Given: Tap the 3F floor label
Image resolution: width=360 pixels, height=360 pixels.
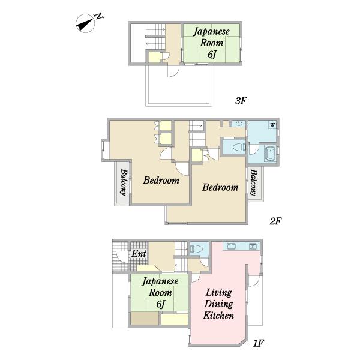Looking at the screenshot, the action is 241,101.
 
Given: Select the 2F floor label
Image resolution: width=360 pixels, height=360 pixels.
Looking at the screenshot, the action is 275,221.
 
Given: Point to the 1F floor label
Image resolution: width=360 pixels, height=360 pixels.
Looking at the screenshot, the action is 258,343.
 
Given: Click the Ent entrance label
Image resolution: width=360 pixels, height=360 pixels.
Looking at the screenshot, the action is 139,254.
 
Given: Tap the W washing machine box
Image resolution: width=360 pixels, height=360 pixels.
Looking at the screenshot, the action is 272,125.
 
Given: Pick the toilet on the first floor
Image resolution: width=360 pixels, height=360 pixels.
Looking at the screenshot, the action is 196,248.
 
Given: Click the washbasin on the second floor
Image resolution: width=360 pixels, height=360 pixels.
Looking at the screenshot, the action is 239,124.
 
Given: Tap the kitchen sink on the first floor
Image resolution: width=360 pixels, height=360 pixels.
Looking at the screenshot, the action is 231,246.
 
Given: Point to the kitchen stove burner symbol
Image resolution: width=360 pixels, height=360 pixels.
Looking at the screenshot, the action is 253,247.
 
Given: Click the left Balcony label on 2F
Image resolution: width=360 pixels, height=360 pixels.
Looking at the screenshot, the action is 124,182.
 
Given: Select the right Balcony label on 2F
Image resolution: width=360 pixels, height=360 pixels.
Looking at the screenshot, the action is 253,183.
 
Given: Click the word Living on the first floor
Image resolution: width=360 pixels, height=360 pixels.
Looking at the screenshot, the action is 218,293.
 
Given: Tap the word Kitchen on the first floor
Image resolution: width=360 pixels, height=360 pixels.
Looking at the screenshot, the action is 218,316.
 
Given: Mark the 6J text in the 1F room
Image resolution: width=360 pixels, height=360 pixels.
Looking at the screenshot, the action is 160,304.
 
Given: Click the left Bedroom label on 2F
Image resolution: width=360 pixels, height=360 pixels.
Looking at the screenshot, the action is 161,180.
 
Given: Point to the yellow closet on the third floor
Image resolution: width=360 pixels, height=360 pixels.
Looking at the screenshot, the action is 154,57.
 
